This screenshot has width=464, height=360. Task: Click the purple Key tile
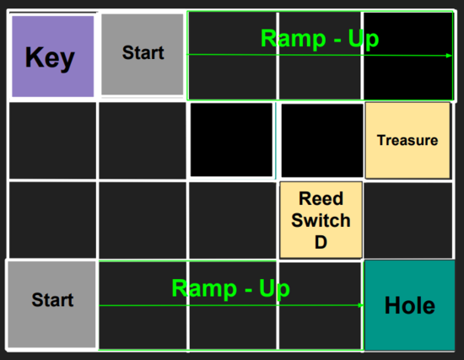[x=53, y=56]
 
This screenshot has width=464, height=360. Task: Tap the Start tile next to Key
[x=143, y=55]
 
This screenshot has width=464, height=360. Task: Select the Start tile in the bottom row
[x=51, y=304]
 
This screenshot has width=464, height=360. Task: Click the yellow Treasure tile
[x=407, y=140]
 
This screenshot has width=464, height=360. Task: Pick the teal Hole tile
[x=409, y=305]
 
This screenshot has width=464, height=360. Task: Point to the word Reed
[x=321, y=198]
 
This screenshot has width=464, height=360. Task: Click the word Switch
[x=321, y=220]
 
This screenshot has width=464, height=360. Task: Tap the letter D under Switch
[x=321, y=242]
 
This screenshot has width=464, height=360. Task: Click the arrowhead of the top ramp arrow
[x=449, y=56]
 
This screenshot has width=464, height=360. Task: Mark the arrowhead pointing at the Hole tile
[x=361, y=305]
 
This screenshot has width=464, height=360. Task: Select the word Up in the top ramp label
[x=364, y=40]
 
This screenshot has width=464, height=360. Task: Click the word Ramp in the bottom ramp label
[x=204, y=288]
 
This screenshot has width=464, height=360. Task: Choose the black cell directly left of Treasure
[x=322, y=141]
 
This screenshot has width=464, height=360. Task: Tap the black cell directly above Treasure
[x=407, y=56]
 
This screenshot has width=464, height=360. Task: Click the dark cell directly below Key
[x=52, y=141]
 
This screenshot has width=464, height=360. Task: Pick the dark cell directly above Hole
[x=408, y=221]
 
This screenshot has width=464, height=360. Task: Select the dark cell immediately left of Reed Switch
[x=233, y=221]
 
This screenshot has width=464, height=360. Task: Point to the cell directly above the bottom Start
[x=52, y=220]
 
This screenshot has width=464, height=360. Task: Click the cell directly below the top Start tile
[x=143, y=141]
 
